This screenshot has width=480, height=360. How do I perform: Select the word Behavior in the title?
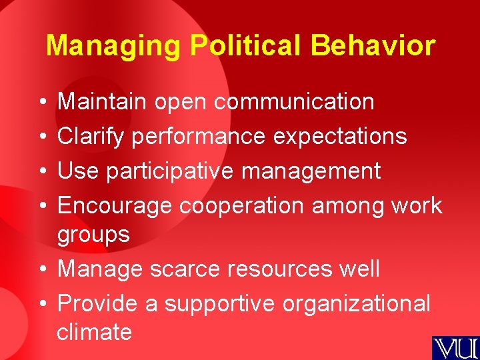click(x=373, y=45)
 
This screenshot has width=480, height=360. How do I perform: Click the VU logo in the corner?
click(x=455, y=348)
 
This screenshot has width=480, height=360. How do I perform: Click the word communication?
click(x=294, y=101)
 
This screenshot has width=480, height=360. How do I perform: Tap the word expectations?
click(x=340, y=136)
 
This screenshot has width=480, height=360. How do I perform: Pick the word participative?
click(x=171, y=171)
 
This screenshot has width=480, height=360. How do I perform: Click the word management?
click(x=311, y=171)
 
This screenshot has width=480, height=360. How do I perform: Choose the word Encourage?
click(x=116, y=205)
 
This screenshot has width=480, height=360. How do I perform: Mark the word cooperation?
click(x=241, y=205)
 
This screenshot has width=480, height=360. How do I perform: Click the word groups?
click(x=93, y=234)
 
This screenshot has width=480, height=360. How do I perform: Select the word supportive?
click(x=219, y=303)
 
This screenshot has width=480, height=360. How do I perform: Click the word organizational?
click(x=357, y=303)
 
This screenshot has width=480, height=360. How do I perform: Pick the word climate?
click(x=94, y=331)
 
